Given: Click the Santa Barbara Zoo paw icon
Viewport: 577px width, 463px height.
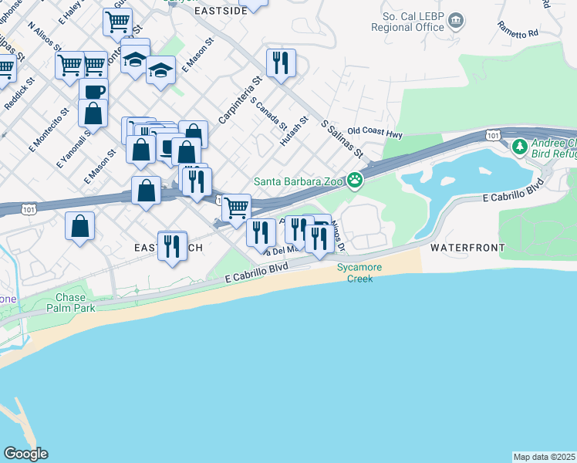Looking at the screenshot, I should [355, 181].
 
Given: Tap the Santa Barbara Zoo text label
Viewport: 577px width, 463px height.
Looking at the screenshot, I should [299, 181].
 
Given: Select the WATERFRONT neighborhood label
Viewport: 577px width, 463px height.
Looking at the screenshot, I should [467, 248].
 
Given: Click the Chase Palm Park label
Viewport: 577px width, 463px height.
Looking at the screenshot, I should [76, 302].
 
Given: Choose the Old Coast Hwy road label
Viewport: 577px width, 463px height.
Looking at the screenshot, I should [376, 133].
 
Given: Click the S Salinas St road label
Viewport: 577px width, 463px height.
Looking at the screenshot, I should [342, 139].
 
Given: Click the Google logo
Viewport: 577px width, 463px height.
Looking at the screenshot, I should [25, 454].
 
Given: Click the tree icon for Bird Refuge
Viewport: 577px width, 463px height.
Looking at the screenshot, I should [520, 146].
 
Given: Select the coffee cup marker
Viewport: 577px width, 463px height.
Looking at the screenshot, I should [93, 92].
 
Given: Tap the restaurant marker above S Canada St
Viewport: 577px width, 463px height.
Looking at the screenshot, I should [281, 62].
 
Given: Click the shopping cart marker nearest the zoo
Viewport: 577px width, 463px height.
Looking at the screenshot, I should [236, 207].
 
